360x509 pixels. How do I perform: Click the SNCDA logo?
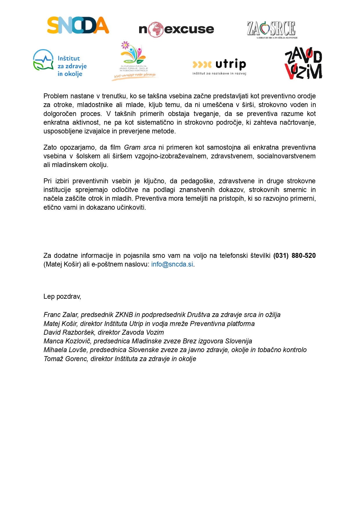click(x=78, y=25)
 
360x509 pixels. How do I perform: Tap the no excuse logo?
click(x=176, y=29)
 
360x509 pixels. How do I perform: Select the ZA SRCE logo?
click(x=272, y=29)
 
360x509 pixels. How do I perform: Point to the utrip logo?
click(x=219, y=66)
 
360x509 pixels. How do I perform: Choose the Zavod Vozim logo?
click(x=303, y=63)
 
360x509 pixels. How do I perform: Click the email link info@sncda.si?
click(x=172, y=264)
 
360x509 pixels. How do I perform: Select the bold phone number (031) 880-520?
click(x=294, y=256)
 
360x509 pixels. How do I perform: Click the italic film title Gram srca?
click(x=140, y=147)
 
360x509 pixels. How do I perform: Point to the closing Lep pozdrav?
click(x=62, y=296)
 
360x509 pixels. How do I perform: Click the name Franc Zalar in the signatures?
click(x=61, y=315)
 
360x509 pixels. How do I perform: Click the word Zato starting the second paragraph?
click(x=50, y=147)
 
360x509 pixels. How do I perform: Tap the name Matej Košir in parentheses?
click(x=62, y=264)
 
